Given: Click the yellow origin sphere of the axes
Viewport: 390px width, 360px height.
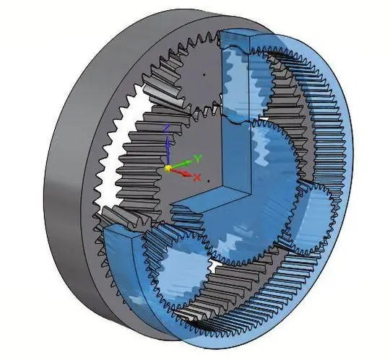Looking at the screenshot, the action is pos(168,169).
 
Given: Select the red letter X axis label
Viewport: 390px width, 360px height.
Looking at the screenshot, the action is pos(197,177).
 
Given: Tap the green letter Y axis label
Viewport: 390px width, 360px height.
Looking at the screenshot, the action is pos(198,158).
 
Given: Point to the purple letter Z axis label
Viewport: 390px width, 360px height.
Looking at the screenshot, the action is pos(168,127).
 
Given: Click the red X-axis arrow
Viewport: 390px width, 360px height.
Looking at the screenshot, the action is pos(181,172).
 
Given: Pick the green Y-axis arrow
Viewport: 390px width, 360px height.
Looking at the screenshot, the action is pos(182,164).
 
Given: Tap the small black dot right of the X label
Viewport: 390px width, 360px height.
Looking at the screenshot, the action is pos(209,181).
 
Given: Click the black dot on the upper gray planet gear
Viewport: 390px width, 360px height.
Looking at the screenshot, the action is pos(204,74).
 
